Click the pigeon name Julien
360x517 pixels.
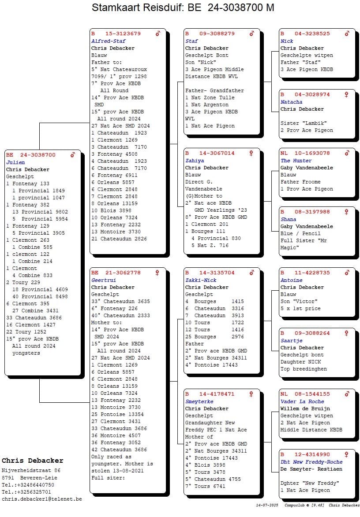15,162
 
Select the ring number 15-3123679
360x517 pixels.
123,34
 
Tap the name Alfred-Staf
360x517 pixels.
109,41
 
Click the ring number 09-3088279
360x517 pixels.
217,34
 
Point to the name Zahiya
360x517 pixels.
195,161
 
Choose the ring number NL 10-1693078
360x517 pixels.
305,153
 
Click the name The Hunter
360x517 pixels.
296,161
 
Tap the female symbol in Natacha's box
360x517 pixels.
346,95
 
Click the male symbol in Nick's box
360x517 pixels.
347,34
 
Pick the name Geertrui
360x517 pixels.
104,280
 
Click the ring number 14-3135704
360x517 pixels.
217,273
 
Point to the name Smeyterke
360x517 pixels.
199,401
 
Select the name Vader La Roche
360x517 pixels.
302,401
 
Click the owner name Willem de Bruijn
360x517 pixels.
305,408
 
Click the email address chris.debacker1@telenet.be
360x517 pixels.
42,499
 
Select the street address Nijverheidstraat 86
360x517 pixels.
31,471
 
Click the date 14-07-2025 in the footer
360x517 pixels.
267,505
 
